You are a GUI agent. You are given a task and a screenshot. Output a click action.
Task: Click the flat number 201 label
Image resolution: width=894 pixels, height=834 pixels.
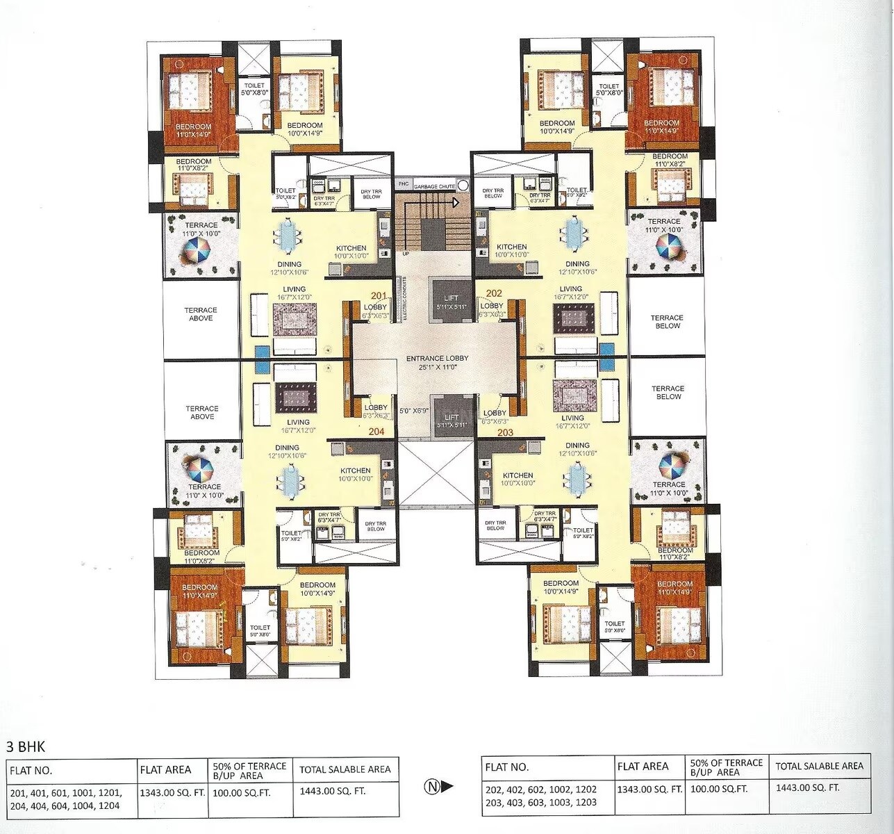pos(379,296)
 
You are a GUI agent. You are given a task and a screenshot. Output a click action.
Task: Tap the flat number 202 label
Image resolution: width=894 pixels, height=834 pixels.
pos(494,293)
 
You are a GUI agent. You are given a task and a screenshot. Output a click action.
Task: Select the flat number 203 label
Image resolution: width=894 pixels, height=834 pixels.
pos(505,432)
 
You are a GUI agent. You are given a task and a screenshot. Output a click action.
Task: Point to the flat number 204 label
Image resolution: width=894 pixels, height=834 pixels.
pos(376,431)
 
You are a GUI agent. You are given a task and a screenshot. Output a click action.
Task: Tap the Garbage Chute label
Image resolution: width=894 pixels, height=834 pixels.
pos(434,187)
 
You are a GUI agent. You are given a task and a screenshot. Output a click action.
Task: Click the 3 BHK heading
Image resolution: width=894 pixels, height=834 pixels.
pos(26,747)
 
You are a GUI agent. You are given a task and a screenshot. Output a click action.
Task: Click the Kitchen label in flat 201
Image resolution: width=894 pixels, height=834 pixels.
pos(351,248)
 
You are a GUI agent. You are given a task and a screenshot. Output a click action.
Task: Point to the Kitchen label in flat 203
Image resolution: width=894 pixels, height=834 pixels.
pos(518,475)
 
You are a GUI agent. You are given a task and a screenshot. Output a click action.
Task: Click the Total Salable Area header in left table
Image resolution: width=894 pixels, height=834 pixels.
pos(345,769)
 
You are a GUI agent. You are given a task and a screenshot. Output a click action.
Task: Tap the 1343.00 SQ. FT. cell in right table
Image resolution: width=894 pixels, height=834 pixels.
pos(649,790)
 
